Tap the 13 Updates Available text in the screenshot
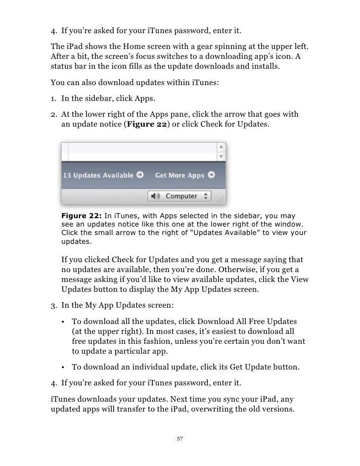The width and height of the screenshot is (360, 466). (x=98, y=175)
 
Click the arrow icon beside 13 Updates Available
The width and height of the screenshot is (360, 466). (x=140, y=175)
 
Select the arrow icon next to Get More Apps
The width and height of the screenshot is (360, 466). (x=212, y=175)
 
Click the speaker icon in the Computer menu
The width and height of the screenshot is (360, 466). (x=156, y=196)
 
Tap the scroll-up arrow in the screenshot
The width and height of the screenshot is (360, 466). (x=222, y=147)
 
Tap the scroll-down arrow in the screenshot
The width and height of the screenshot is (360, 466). (x=222, y=155)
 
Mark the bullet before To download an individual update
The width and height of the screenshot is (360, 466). (x=64, y=367)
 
